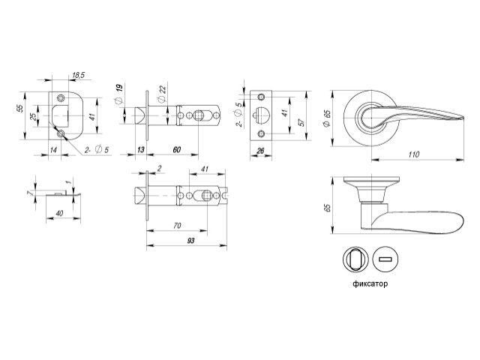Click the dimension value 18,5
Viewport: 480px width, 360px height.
click(x=78, y=76)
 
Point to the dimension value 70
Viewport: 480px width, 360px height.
click(x=177, y=225)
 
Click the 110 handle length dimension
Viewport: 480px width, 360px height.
click(x=413, y=154)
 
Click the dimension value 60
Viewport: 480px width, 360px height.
click(x=177, y=150)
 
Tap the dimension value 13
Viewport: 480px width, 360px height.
click(x=141, y=150)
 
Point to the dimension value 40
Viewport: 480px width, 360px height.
click(x=58, y=212)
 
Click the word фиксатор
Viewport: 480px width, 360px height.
click(x=370, y=284)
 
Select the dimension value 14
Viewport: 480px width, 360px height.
click(x=53, y=150)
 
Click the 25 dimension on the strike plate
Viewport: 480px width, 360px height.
click(x=33, y=118)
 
